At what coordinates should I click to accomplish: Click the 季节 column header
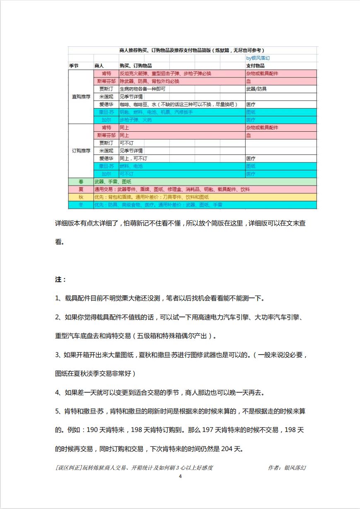(x=74, y=66)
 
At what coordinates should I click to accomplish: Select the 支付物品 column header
(x=256, y=66)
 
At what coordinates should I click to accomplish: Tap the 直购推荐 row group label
(x=81, y=96)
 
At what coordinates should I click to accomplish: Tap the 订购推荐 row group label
(x=81, y=151)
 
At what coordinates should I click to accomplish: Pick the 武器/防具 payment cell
(x=256, y=89)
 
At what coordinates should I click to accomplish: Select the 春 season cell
(x=81, y=182)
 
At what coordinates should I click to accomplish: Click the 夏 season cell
(x=81, y=189)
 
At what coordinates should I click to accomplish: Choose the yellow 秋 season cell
(x=81, y=197)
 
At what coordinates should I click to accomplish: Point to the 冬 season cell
(x=81, y=205)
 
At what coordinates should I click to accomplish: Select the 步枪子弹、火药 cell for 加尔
(x=135, y=120)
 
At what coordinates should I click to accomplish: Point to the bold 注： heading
(x=60, y=280)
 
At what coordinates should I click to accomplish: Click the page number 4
(x=180, y=476)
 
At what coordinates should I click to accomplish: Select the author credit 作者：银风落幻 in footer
(x=287, y=468)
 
